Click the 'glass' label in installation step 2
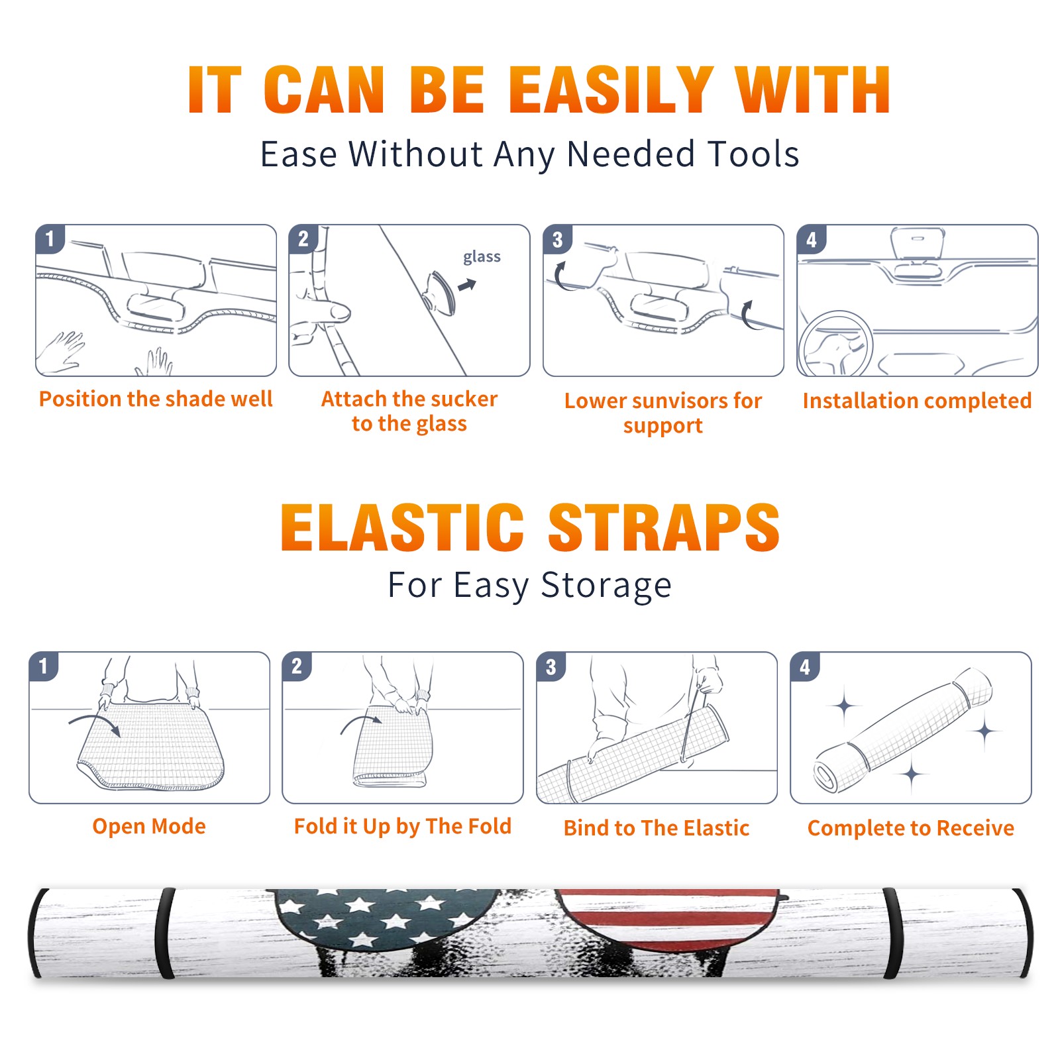[482, 257]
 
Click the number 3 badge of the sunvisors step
[558, 239]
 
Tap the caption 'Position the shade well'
[156, 399]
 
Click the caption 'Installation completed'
[917, 401]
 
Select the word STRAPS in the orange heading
[664, 527]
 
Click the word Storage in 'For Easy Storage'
[606, 586]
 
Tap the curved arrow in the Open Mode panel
[95, 722]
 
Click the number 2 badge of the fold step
[297, 666]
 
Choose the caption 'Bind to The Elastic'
[657, 828]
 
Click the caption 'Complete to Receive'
[911, 828]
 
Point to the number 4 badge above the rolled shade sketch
[805, 666]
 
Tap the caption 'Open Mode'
[149, 826]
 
